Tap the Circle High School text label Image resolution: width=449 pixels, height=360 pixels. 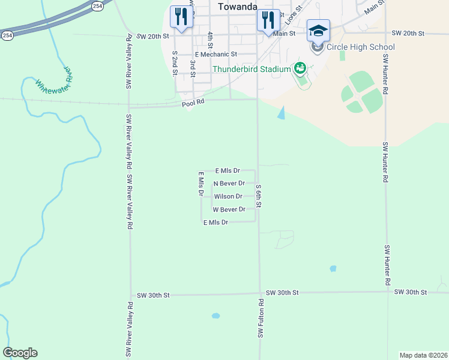(x=361, y=47)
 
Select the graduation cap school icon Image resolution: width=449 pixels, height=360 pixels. (x=318, y=30)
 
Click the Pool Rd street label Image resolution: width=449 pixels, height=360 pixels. (x=193, y=103)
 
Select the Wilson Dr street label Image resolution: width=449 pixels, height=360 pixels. (x=228, y=196)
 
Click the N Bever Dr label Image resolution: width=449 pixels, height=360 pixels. (x=229, y=183)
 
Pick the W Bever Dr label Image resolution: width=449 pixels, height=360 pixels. (x=229, y=209)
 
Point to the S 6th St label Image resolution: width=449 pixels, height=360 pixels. (x=259, y=196)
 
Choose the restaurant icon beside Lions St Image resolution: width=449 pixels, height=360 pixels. (x=267, y=20)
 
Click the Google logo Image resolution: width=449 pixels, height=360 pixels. (x=20, y=353)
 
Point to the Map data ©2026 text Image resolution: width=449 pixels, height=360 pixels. (x=423, y=355)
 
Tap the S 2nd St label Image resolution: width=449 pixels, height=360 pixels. (x=175, y=64)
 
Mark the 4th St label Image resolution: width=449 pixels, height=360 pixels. (x=210, y=40)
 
